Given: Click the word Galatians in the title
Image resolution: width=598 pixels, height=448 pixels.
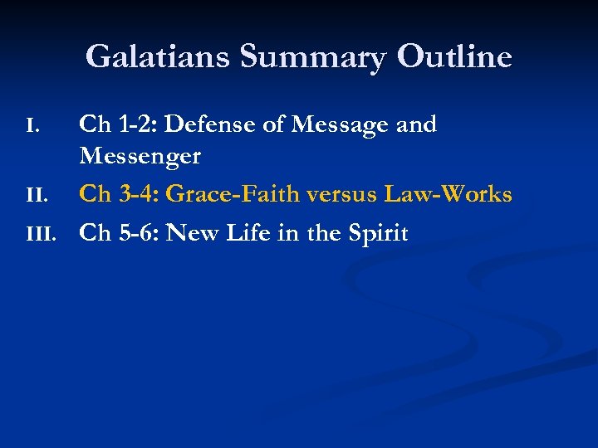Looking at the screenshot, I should point(158,57).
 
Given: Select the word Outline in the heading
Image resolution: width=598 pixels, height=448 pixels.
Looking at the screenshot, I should point(454,57).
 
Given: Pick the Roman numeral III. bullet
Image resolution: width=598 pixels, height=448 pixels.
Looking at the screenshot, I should point(39,234).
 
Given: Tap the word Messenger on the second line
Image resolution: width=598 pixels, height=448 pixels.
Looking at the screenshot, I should point(140,156).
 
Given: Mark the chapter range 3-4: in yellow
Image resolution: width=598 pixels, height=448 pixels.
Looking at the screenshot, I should point(141,194).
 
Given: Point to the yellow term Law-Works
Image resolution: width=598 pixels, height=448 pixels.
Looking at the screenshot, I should point(448,194).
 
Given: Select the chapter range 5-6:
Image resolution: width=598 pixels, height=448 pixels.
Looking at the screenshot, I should point(141,233).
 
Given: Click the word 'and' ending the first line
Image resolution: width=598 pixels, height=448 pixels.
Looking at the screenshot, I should point(416,124).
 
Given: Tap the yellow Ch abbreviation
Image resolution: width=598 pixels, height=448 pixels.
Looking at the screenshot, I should point(94,194).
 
